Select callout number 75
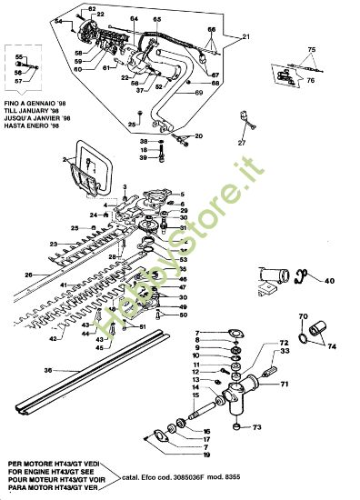click(311, 48)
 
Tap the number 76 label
click(310, 80)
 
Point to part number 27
click(242, 143)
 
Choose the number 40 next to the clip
click(329, 281)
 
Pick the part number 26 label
click(28, 275)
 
